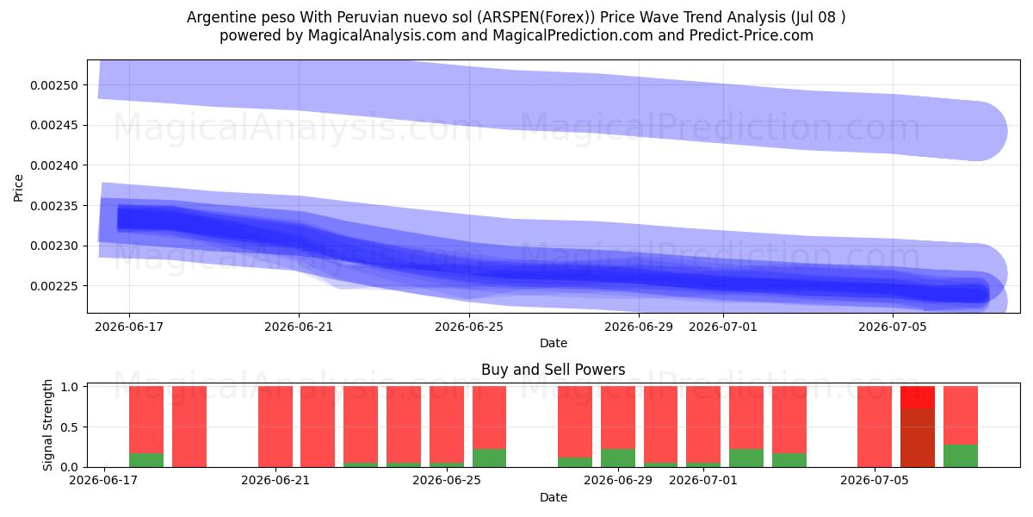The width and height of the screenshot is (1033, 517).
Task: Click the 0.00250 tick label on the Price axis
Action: click(x=54, y=85)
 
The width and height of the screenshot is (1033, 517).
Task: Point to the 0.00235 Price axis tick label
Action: click(x=54, y=206)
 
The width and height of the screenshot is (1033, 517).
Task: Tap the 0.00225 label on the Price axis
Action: click(x=54, y=286)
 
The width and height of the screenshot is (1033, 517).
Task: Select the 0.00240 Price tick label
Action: click(x=54, y=165)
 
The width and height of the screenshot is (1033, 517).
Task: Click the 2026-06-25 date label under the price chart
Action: click(x=469, y=327)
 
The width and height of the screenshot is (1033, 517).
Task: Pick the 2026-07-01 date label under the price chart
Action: click(x=722, y=327)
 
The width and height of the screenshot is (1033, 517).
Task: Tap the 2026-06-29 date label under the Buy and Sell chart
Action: click(x=618, y=480)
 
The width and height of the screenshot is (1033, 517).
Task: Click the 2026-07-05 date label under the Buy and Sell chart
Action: click(x=875, y=480)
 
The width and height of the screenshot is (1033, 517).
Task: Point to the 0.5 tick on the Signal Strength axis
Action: click(x=69, y=427)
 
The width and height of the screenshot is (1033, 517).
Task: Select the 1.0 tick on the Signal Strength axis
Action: click(x=69, y=387)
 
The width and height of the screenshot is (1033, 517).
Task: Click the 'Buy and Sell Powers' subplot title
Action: click(x=553, y=370)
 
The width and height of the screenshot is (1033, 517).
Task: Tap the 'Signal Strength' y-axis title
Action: click(x=47, y=425)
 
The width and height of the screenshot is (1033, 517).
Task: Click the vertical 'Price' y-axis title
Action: click(x=18, y=189)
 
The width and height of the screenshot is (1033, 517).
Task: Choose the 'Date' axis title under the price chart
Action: click(x=554, y=343)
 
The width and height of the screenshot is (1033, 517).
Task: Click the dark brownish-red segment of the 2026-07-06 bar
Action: click(x=918, y=438)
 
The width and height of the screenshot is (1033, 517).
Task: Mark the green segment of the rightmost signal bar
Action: click(x=961, y=456)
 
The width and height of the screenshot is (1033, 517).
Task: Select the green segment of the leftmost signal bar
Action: click(x=146, y=460)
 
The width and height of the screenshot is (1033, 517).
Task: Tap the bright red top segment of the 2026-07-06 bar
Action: click(x=918, y=397)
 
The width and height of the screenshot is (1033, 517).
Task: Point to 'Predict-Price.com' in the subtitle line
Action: click(x=752, y=35)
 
